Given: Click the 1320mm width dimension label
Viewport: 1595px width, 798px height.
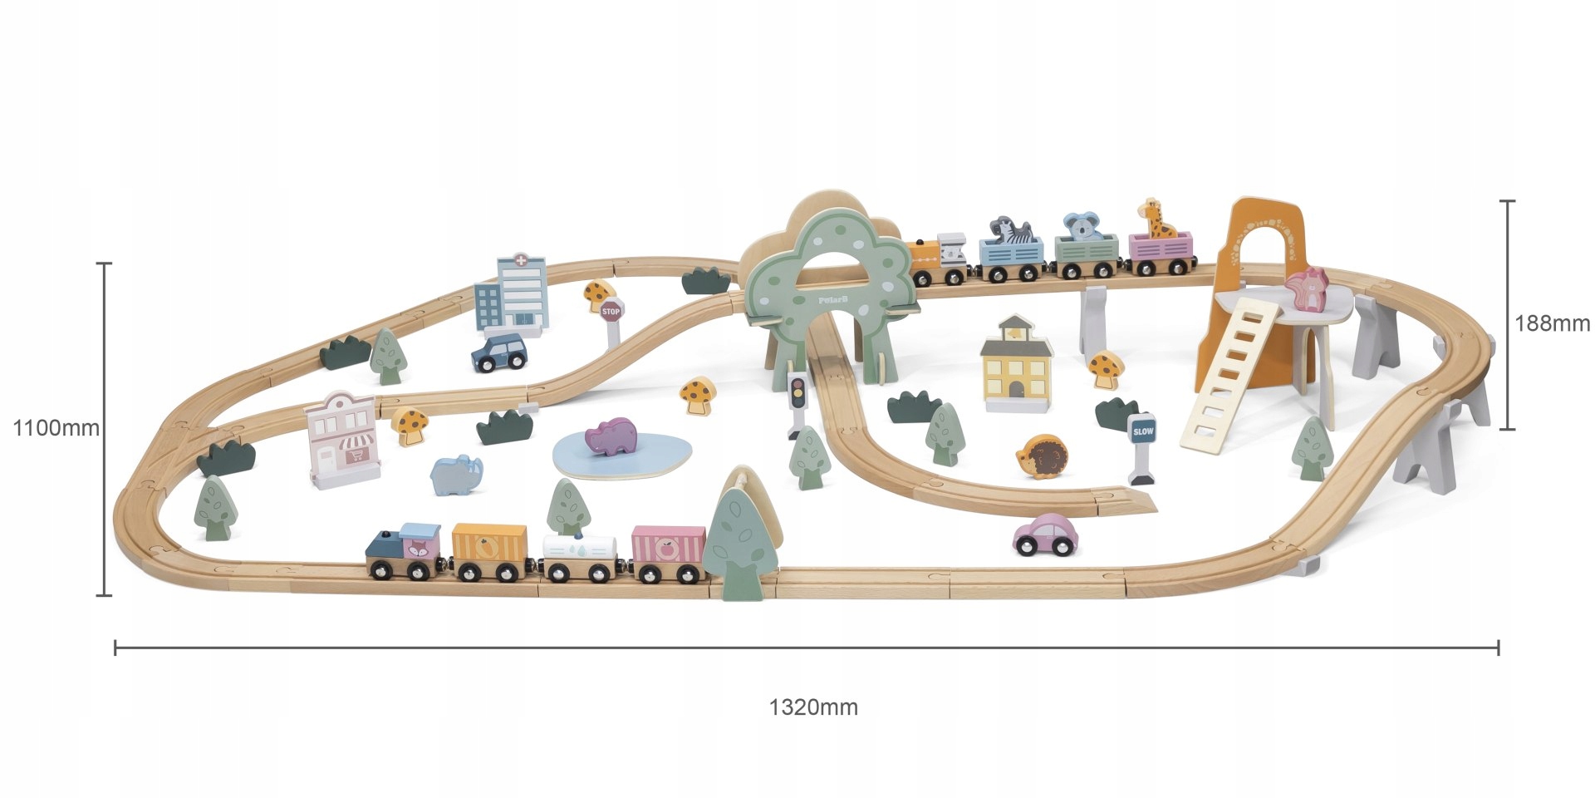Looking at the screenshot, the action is click(812, 707).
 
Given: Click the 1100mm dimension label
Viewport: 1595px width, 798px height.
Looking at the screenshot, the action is click(56, 428).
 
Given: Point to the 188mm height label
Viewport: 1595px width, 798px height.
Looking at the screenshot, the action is click(1551, 323).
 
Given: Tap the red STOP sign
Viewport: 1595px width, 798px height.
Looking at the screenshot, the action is click(611, 312).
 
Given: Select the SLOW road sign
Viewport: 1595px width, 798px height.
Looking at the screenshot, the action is click(1143, 431).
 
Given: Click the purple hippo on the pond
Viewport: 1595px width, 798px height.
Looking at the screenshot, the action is click(611, 436).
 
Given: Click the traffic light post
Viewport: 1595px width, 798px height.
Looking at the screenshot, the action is click(797, 399).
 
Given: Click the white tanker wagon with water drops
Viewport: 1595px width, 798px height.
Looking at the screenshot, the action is click(581, 549).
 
